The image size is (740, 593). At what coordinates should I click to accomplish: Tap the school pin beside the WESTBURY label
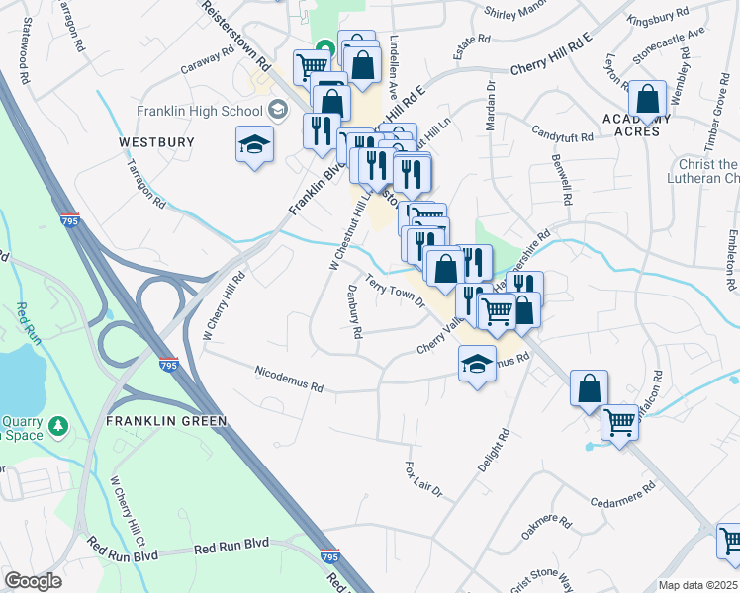pos(254,145)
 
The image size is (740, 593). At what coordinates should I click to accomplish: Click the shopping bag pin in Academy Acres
pos(648,100)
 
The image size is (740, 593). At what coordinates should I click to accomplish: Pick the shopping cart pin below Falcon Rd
pos(620,423)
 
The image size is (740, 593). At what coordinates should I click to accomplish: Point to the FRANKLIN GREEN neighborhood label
pos(166,420)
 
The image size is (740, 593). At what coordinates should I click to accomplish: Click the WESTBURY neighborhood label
pos(156,142)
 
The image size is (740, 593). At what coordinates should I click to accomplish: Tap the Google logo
pos(34,581)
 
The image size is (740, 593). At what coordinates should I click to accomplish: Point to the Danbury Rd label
pos(354,311)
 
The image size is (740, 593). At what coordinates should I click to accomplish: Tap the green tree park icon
pos(60,426)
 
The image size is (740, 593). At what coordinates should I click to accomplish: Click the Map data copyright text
pos(697,585)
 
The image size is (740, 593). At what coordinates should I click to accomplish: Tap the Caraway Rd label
pos(205,67)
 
